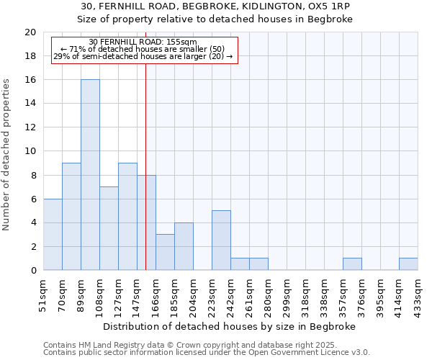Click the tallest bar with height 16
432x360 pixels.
pyautogui.click(x=90, y=175)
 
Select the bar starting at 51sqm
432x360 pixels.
pyautogui.click(x=53, y=235)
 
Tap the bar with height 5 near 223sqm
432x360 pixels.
pyautogui.click(x=221, y=240)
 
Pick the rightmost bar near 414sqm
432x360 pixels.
pyautogui.click(x=408, y=264)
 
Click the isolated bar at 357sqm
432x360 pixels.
pyautogui.click(x=352, y=264)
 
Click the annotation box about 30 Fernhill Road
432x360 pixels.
pyautogui.click(x=143, y=50)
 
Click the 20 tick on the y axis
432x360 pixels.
pyautogui.click(x=30, y=32)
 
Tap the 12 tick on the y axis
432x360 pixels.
pyautogui.click(x=30, y=127)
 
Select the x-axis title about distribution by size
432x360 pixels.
pyautogui.click(x=230, y=326)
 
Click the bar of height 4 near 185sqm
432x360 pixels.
pyautogui.click(x=184, y=246)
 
